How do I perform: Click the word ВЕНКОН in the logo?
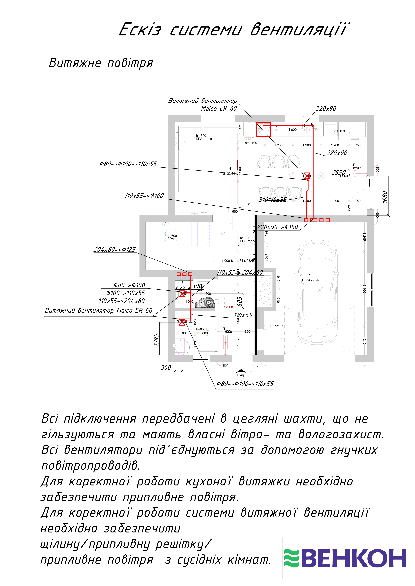pyautogui.click(x=354, y=558)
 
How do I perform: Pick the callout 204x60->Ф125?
pyautogui.click(x=114, y=250)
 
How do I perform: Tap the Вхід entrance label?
pyautogui.click(x=240, y=375)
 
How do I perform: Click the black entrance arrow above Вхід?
pyautogui.click(x=241, y=371)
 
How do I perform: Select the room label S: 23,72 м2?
pyautogui.click(x=311, y=280)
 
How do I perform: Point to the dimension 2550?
pyautogui.click(x=339, y=172)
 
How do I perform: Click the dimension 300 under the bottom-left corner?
pyautogui.click(x=166, y=368)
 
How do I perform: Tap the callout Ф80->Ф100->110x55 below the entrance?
pyautogui.click(x=245, y=384)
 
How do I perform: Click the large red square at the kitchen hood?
pyautogui.click(x=263, y=129)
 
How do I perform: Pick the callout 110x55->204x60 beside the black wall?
pyautogui.click(x=240, y=273)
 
